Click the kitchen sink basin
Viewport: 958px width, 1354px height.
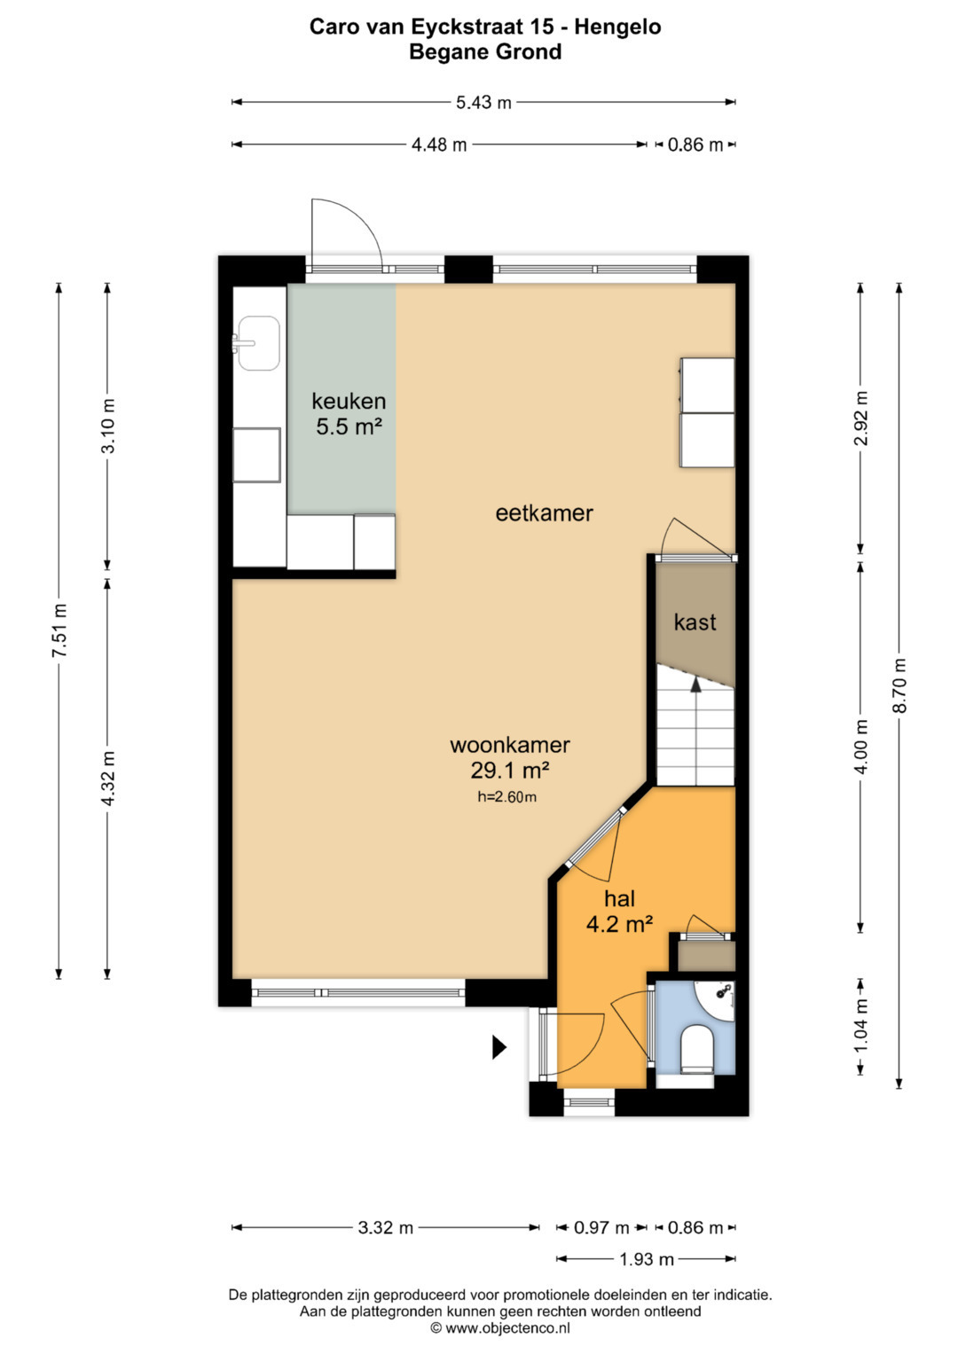pos(259,343)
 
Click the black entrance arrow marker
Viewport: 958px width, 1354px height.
pos(499,1047)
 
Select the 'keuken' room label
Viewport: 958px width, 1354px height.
pos(349,401)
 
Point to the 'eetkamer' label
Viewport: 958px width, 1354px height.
pos(544,513)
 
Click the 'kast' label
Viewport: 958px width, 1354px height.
pos(695,622)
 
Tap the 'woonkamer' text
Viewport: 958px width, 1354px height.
pos(510,745)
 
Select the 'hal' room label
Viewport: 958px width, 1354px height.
pos(619,899)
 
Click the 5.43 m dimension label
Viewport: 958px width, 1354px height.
pos(483,103)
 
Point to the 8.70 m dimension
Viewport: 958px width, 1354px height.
pos(899,685)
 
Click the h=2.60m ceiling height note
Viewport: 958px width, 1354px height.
pos(506,796)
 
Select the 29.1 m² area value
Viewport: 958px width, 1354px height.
pos(510,770)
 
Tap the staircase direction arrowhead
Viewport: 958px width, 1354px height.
pos(695,684)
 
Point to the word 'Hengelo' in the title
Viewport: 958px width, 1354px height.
pos(617,27)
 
